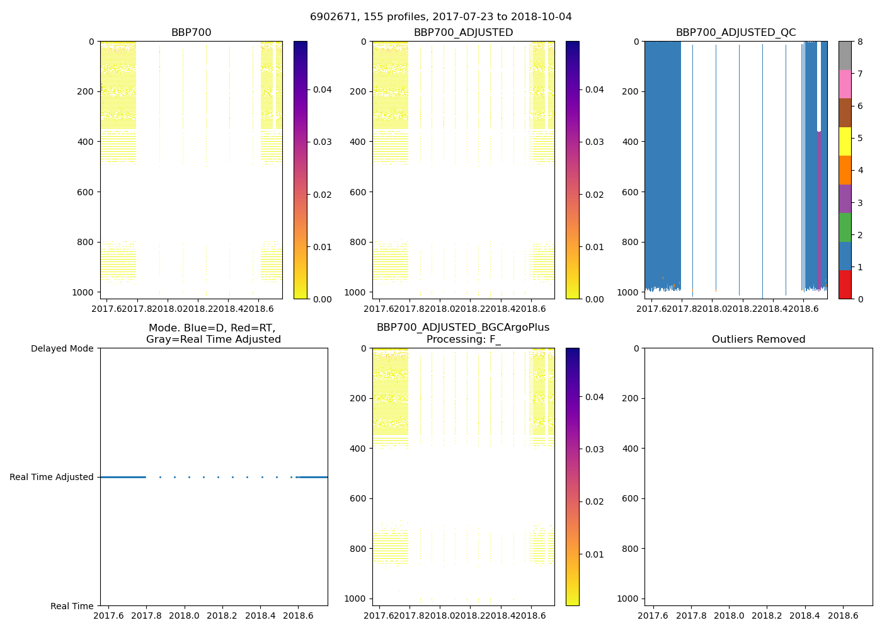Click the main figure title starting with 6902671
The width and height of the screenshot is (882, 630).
click(440, 17)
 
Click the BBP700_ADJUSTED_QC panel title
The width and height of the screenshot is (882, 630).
click(735, 33)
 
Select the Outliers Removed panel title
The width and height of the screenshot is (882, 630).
click(758, 340)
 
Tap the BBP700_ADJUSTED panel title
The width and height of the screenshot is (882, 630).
click(463, 33)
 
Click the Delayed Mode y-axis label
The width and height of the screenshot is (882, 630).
click(62, 348)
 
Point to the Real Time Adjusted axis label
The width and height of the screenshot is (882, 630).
click(51, 478)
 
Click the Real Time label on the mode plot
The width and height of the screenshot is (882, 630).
click(72, 606)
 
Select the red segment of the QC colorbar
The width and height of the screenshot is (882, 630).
click(845, 285)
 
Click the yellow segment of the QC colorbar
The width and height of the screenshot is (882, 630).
click(845, 142)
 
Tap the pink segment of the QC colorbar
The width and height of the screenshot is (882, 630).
click(845, 84)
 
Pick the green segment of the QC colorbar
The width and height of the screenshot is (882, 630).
click(845, 227)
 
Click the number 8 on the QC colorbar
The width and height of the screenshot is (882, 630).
click(860, 42)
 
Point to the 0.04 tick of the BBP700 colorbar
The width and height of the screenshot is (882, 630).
click(323, 89)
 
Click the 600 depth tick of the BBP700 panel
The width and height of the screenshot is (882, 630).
click(86, 192)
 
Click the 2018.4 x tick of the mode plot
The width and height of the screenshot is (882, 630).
click(260, 615)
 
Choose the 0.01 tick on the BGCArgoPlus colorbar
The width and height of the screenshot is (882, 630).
click(595, 554)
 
